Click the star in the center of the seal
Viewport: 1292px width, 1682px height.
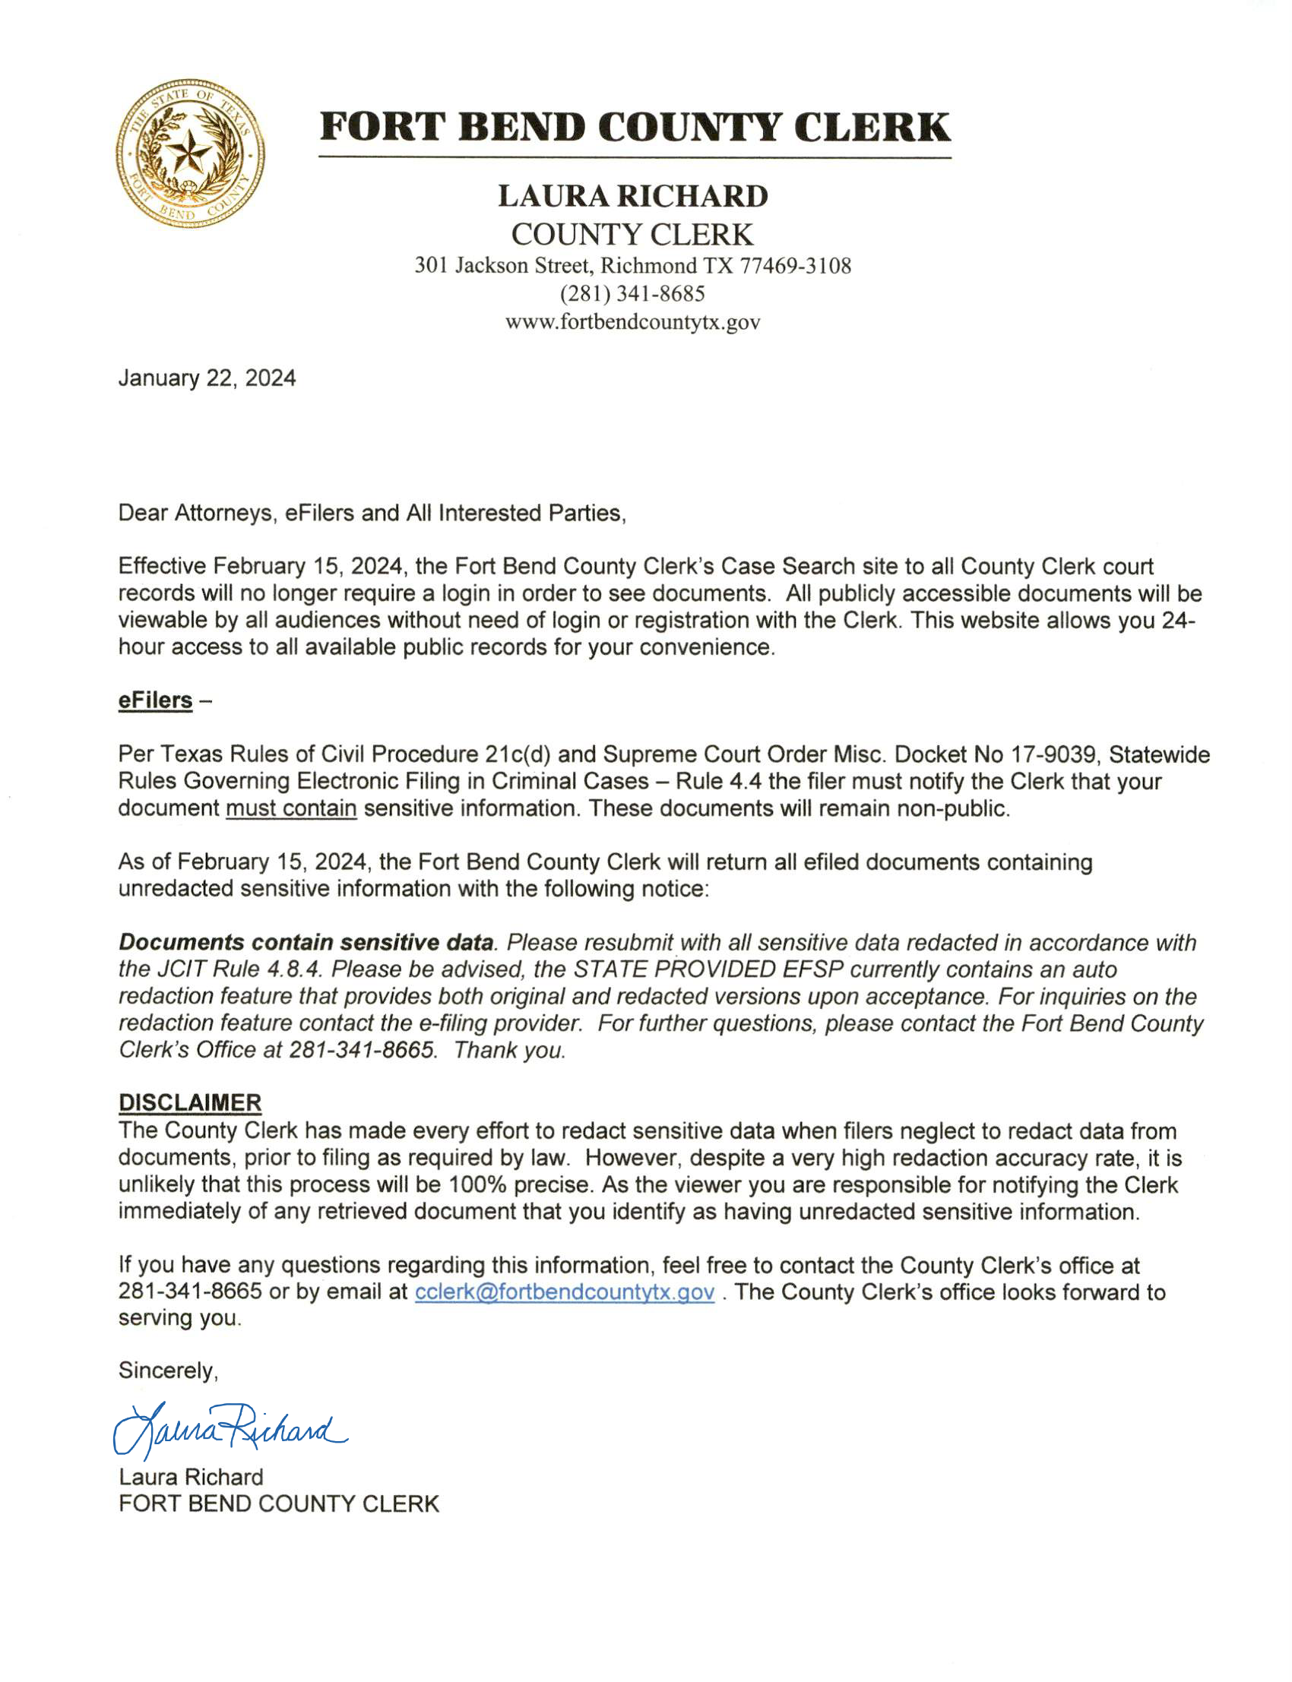click(x=188, y=152)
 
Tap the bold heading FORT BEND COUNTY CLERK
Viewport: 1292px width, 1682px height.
click(x=635, y=128)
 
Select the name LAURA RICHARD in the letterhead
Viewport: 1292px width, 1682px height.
click(x=632, y=196)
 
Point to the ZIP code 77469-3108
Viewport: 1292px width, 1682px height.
click(x=795, y=266)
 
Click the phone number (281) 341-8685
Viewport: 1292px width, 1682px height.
click(x=632, y=294)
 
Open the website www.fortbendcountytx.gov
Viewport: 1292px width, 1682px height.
click(x=632, y=322)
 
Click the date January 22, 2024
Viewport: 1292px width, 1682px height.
click(x=207, y=378)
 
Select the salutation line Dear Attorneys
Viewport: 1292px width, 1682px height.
click(x=372, y=513)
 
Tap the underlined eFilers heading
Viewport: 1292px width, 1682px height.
click(x=155, y=700)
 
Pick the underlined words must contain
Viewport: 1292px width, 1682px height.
click(x=290, y=809)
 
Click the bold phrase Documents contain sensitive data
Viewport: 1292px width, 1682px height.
click(x=306, y=943)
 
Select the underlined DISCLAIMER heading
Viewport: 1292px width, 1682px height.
click(x=190, y=1103)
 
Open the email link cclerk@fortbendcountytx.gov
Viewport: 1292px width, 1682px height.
click(x=565, y=1292)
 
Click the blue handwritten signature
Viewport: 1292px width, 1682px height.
click(x=230, y=1430)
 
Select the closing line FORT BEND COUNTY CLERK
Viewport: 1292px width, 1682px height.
click(x=278, y=1504)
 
